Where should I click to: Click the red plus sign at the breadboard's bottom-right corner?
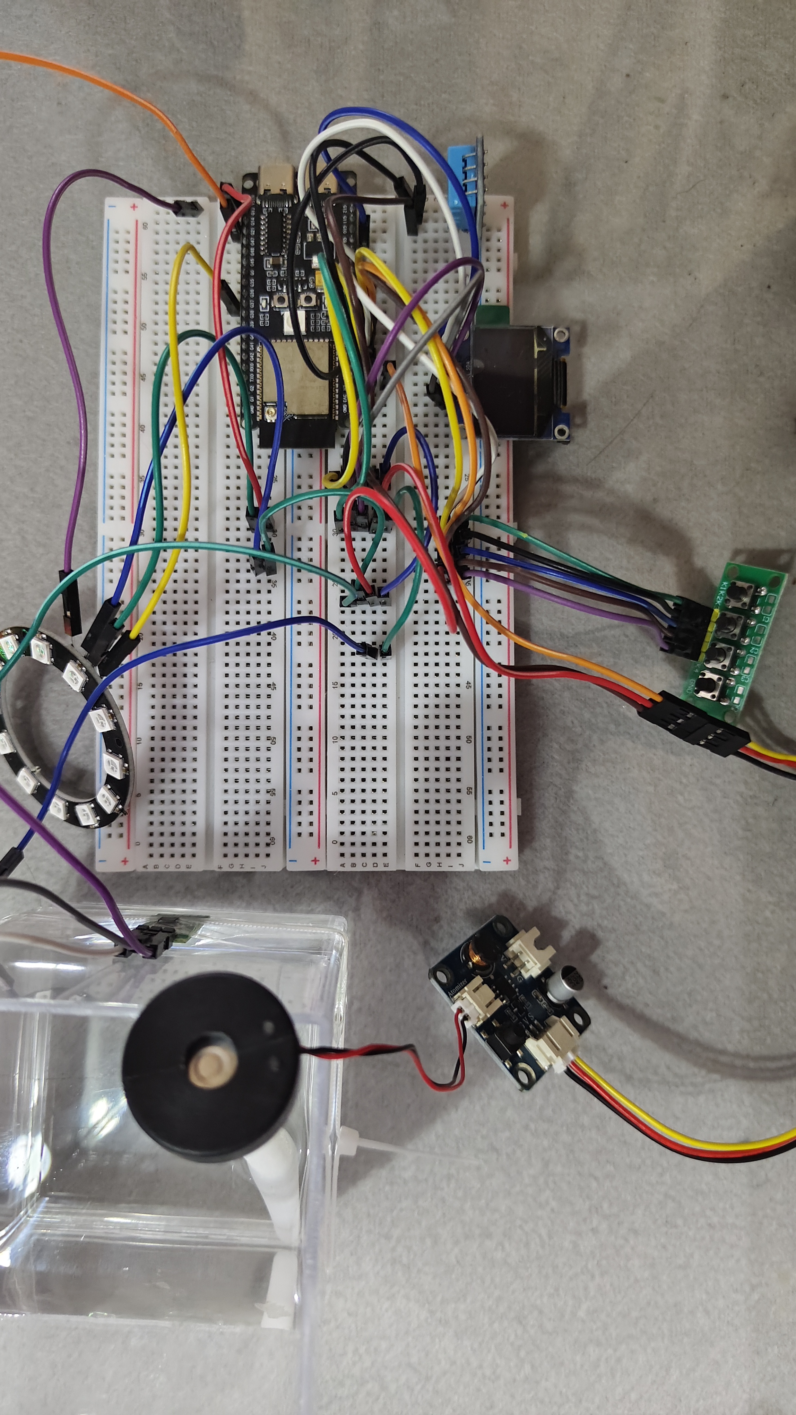(507, 860)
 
